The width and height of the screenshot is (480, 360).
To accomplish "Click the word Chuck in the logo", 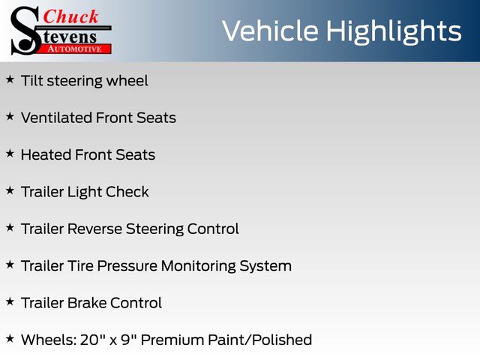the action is [70, 16].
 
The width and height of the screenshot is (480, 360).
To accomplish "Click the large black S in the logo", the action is [25, 31].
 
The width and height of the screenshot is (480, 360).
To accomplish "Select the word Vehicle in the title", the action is [270, 31].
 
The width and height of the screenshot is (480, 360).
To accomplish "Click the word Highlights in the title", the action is [393, 32].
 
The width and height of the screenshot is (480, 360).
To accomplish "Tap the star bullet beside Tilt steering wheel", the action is [10, 79].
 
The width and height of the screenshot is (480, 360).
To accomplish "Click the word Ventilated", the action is [56, 118].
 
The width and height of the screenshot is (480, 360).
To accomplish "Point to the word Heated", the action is [46, 155].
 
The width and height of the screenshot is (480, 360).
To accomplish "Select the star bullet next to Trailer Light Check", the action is [10, 190].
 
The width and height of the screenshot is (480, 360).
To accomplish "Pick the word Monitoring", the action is [198, 266].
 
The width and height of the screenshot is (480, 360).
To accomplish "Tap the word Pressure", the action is [127, 266].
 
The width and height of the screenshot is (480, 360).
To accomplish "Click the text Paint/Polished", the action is [260, 340].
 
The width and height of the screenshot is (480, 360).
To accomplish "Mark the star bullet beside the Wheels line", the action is [10, 339].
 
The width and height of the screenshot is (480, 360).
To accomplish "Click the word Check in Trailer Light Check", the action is [127, 192].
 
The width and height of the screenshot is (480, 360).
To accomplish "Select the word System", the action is [265, 266].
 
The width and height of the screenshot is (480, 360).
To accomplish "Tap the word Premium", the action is [172, 340].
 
